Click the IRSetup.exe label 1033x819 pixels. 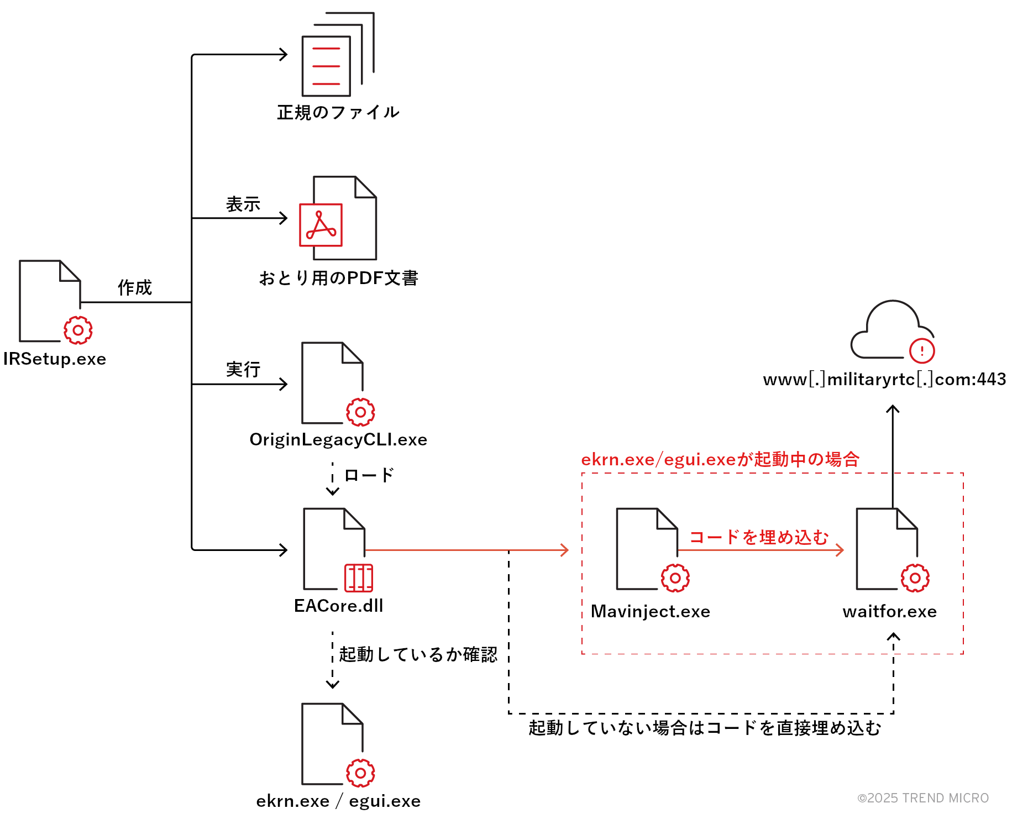(54, 359)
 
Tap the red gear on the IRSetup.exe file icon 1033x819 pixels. (78, 330)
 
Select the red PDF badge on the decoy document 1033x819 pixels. (321, 225)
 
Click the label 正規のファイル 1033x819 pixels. (338, 112)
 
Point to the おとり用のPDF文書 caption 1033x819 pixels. (338, 278)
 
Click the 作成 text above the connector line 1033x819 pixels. (134, 287)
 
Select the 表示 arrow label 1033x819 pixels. (243, 204)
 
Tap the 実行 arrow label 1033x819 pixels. (243, 370)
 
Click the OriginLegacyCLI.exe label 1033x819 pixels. (338, 440)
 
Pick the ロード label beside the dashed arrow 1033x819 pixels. (369, 475)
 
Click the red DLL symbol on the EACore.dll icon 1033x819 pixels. (359, 578)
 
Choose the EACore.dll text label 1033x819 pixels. (338, 606)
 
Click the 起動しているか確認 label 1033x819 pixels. (418, 654)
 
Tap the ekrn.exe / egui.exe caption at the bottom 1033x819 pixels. (338, 801)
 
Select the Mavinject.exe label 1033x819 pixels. (650, 612)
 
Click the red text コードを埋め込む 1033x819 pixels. (759, 537)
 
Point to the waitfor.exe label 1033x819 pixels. (889, 612)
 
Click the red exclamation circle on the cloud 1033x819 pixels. (921, 350)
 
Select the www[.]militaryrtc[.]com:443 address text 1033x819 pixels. (884, 380)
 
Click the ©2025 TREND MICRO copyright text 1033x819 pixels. (922, 798)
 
